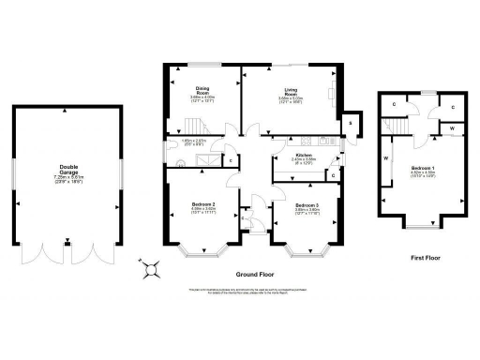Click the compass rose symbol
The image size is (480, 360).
coord(149,269)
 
